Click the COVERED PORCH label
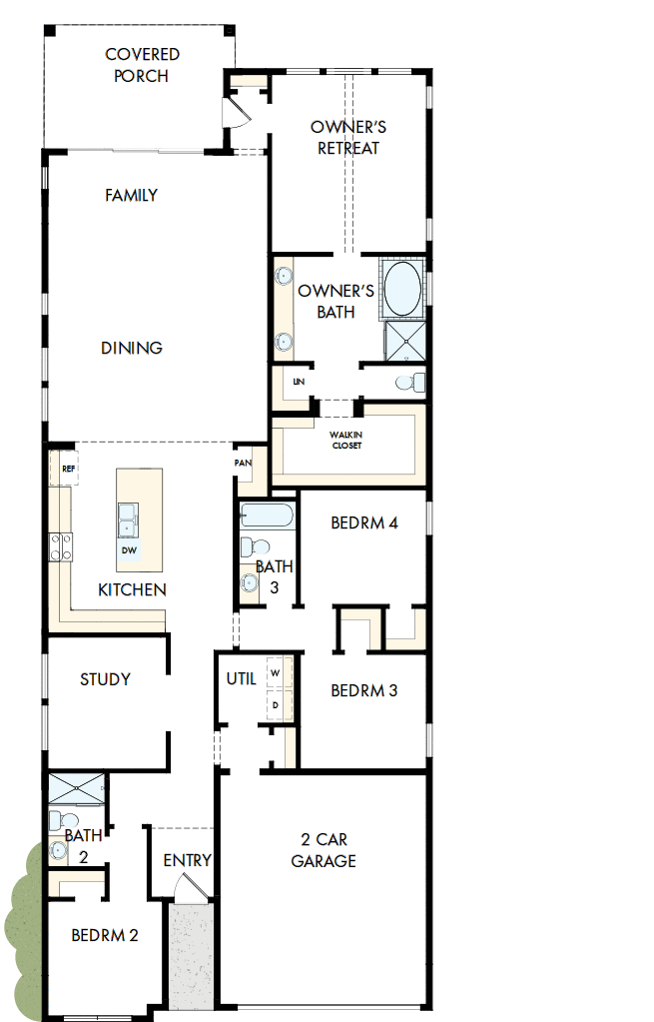point(141,65)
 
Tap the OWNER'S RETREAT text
point(348,138)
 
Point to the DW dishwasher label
point(129,550)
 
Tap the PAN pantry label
point(243,464)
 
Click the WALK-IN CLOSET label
point(346,440)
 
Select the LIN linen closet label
point(298,383)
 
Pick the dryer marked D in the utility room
point(276,704)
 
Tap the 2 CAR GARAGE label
point(324,850)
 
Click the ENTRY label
point(187,860)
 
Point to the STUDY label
point(105,679)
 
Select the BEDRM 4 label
point(364,523)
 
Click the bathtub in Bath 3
point(267,516)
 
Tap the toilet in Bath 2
point(58,821)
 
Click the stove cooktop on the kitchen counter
point(61,546)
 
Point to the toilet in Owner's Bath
point(408,382)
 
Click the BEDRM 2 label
point(105,936)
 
